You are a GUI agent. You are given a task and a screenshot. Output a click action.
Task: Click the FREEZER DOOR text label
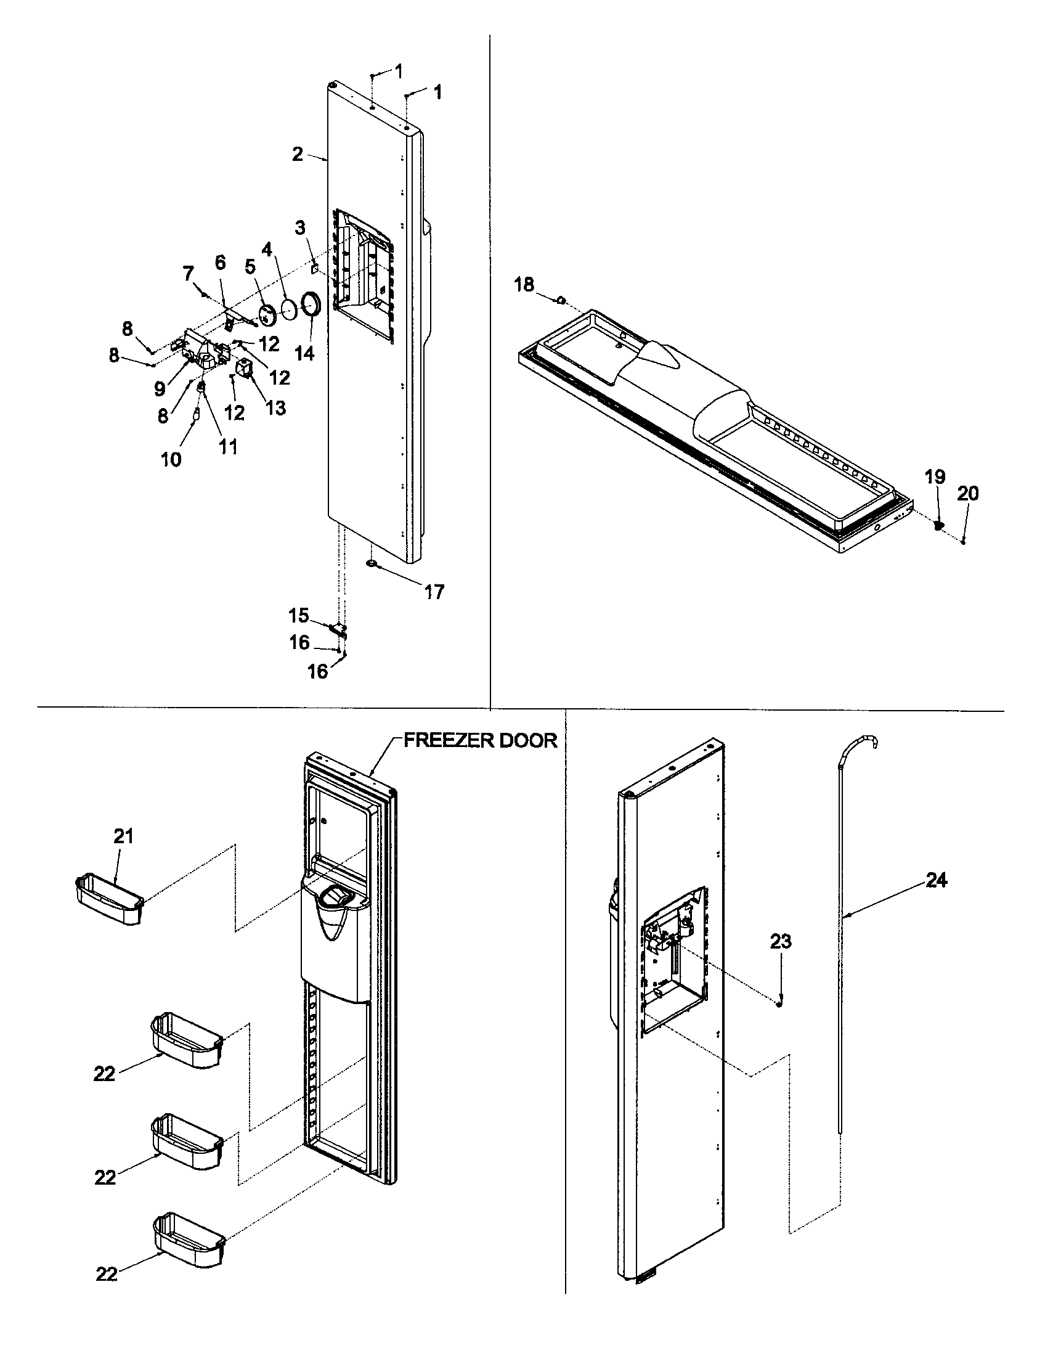click(481, 741)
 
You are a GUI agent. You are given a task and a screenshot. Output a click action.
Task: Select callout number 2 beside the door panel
click(298, 154)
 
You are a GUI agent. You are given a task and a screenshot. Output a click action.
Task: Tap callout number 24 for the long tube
click(936, 880)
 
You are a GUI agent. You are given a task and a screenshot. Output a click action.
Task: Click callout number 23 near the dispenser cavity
click(781, 942)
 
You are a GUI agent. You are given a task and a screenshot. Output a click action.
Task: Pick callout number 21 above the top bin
click(123, 836)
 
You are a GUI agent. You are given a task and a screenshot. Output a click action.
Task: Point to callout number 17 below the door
click(434, 592)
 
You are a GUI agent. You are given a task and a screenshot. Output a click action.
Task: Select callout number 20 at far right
click(968, 494)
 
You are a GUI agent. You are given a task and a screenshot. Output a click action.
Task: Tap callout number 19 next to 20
click(935, 477)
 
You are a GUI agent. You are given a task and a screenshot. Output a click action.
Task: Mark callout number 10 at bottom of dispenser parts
click(171, 459)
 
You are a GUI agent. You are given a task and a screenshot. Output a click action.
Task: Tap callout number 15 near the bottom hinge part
click(298, 615)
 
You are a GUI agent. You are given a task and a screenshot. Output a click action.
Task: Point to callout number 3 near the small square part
click(299, 228)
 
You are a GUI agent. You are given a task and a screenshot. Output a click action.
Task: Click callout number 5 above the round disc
click(250, 268)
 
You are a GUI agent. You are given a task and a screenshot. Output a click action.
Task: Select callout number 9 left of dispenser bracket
click(160, 389)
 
